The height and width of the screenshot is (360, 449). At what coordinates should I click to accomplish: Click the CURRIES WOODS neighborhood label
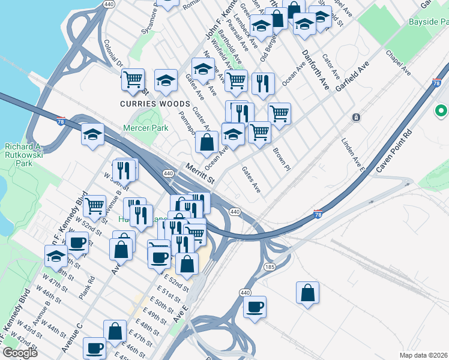click(x=146, y=103)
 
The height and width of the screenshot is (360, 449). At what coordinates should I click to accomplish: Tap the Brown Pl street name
click(x=281, y=158)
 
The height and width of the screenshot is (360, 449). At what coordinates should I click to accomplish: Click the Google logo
click(x=20, y=353)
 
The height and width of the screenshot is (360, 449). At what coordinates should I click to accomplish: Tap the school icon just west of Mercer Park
click(x=93, y=135)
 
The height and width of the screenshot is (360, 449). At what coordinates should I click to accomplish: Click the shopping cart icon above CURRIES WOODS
click(x=133, y=80)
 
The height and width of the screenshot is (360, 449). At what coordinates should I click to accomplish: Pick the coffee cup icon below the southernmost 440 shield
click(x=255, y=307)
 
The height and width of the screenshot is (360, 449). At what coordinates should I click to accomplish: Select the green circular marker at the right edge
click(x=441, y=111)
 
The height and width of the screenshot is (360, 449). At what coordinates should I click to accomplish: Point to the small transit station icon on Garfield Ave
click(x=356, y=116)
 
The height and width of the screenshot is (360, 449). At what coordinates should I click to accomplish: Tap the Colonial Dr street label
click(x=113, y=54)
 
